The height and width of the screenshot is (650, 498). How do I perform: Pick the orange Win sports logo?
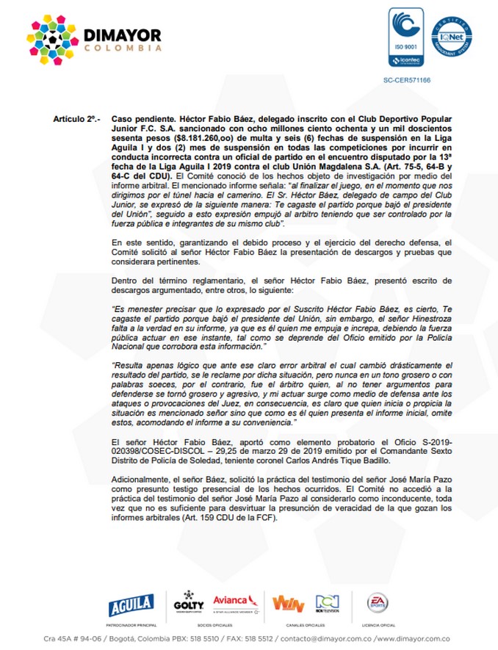[x=287, y=603]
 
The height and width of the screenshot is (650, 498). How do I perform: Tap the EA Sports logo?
[x=379, y=602]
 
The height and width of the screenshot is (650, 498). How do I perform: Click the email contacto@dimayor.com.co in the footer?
[x=323, y=639]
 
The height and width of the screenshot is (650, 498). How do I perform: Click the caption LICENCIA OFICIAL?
[x=379, y=624]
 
